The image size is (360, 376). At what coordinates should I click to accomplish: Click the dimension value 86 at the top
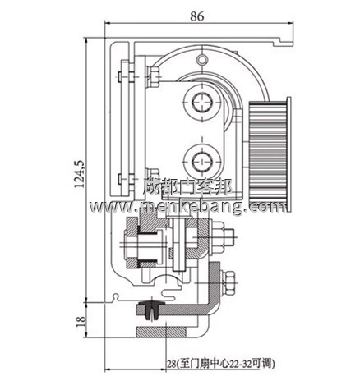tap(196, 14)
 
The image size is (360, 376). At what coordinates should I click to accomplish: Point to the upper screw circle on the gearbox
tap(201, 103)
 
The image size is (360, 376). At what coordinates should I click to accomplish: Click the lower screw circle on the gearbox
tap(201, 155)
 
